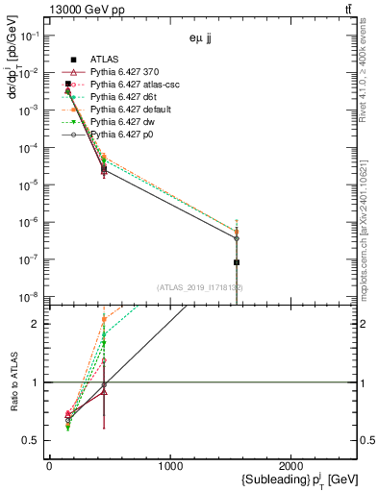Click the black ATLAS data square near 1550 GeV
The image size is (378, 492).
point(237,262)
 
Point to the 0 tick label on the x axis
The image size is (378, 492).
point(49,466)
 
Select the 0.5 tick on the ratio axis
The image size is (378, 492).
point(30,440)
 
